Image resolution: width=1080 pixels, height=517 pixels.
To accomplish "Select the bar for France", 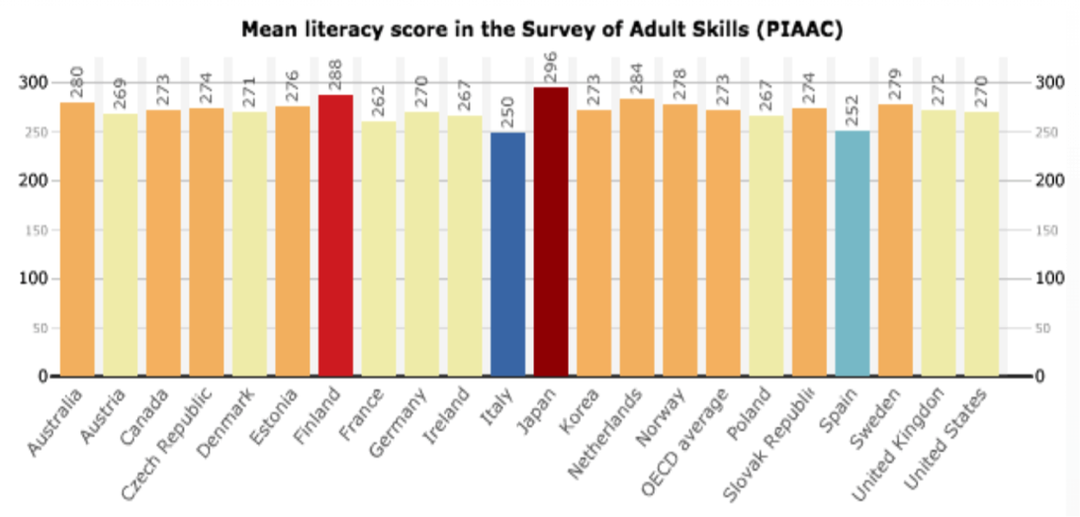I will point(379,248).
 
